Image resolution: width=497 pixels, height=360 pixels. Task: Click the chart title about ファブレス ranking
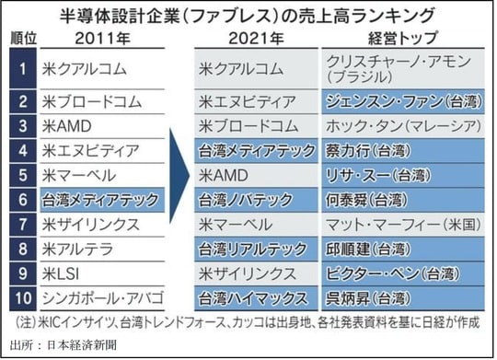pyautogui.click(x=248, y=16)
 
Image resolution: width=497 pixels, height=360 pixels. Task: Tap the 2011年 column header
pyautogui.click(x=93, y=39)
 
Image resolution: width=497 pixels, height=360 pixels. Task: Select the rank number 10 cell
pyautogui.click(x=20, y=297)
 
